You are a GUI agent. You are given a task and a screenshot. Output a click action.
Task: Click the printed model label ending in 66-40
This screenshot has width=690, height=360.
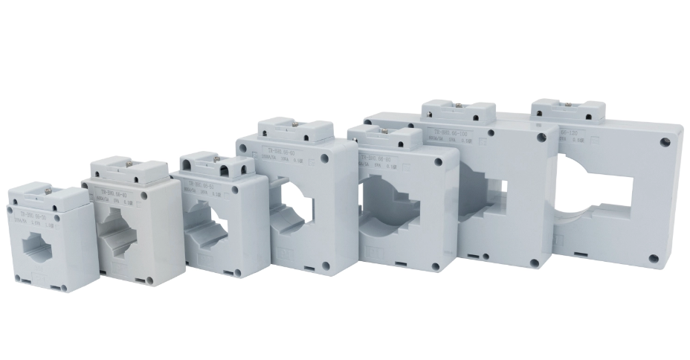pos(112,190)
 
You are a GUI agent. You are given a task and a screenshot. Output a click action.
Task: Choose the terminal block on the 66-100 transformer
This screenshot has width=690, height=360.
pos(458,112)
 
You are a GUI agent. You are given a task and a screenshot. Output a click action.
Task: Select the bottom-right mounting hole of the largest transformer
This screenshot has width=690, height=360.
pos(654,259)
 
